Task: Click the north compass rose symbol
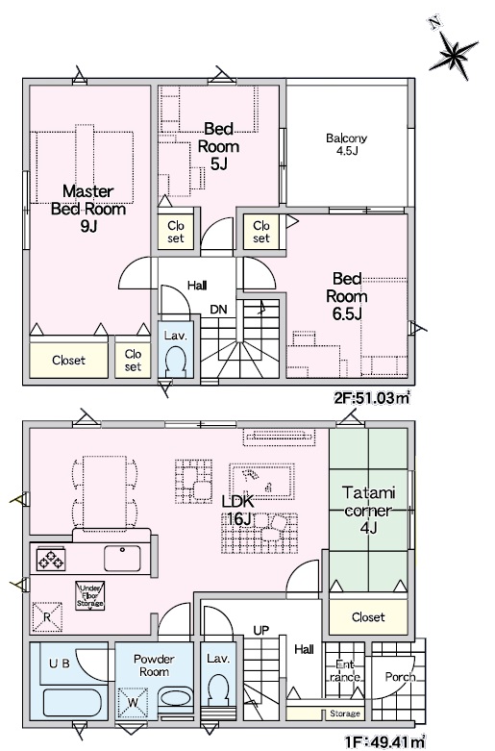(452, 52)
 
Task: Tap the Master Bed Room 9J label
(88, 209)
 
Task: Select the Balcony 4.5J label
(347, 144)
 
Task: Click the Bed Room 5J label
(218, 146)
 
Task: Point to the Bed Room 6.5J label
(347, 296)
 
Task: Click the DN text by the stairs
(218, 310)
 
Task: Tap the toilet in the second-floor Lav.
(175, 361)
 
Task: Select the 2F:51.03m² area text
(372, 397)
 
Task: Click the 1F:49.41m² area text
(385, 742)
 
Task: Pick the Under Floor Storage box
(90, 596)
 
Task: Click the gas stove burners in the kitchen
(50, 560)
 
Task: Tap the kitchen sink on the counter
(123, 559)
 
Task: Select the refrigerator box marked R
(47, 617)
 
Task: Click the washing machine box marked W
(133, 703)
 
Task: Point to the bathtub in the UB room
(72, 703)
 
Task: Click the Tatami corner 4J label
(368, 510)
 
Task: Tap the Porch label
(400, 677)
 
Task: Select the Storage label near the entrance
(345, 713)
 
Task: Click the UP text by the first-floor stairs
(260, 630)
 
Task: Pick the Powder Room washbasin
(175, 697)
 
